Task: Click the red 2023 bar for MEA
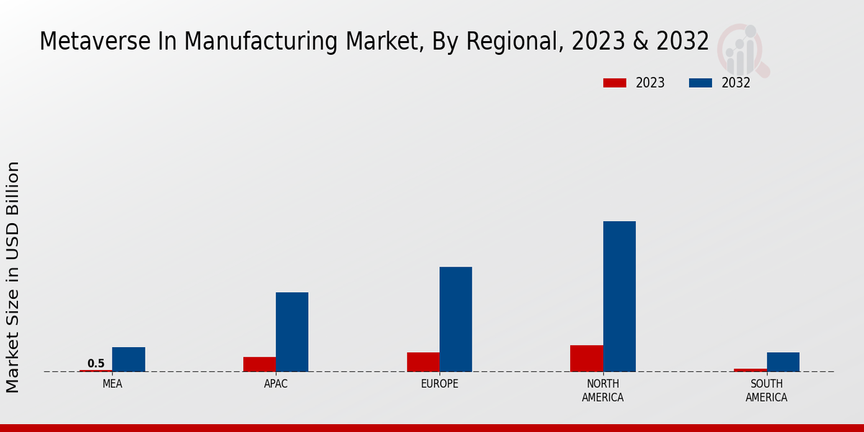(x=96, y=371)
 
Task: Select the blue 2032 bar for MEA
(x=128, y=359)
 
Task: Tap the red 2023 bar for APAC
(x=259, y=364)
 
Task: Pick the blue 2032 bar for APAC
(x=292, y=332)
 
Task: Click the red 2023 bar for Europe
(x=423, y=362)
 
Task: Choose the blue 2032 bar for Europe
(x=456, y=319)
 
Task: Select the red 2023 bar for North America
(x=587, y=359)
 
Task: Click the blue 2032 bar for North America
(x=619, y=296)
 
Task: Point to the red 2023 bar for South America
(x=750, y=370)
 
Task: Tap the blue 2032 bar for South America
(x=783, y=362)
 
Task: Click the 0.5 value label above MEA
(x=96, y=364)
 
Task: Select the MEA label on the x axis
(x=112, y=384)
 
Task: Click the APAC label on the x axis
(x=276, y=384)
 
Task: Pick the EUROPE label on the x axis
(x=439, y=384)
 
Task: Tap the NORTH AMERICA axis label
(x=603, y=391)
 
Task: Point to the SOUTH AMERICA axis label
(x=766, y=391)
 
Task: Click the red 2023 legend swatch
(x=614, y=83)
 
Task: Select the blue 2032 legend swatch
(x=701, y=83)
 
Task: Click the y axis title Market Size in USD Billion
(x=13, y=277)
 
